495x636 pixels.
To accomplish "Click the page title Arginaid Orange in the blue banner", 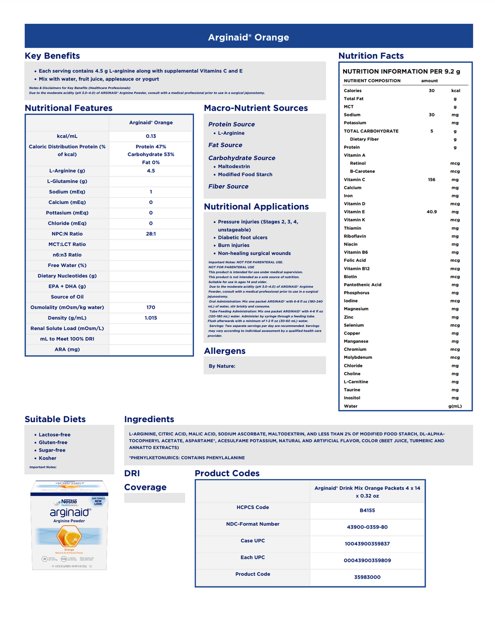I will tap(248, 37).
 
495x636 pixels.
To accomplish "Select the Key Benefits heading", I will tap(52, 56).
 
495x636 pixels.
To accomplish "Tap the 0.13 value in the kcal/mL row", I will tap(151, 136).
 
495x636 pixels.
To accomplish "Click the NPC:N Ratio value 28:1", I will tap(151, 234).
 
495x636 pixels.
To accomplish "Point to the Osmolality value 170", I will tap(151, 307).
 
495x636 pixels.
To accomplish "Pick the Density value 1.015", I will tap(151, 318).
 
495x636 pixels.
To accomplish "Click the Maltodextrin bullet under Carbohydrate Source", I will tap(234, 166).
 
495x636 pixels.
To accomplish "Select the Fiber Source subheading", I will tap(228, 187).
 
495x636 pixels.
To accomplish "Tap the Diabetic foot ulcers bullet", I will tap(243, 238).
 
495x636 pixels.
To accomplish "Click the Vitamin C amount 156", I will tap(432, 180).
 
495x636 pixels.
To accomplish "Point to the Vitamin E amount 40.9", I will tap(432, 212).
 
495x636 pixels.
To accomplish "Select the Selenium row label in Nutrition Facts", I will tap(353, 325).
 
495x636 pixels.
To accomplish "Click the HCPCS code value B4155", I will tap(367, 510).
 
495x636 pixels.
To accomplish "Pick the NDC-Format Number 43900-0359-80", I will tap(367, 527).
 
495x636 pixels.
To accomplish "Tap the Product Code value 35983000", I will tap(367, 577).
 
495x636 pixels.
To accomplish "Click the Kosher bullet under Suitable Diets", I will tap(48, 458).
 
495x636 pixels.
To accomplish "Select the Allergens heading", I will tap(225, 351).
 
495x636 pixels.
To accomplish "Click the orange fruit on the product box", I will tap(69, 537).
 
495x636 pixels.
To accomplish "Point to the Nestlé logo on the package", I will tap(69, 502).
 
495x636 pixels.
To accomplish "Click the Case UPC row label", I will tap(252, 541).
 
